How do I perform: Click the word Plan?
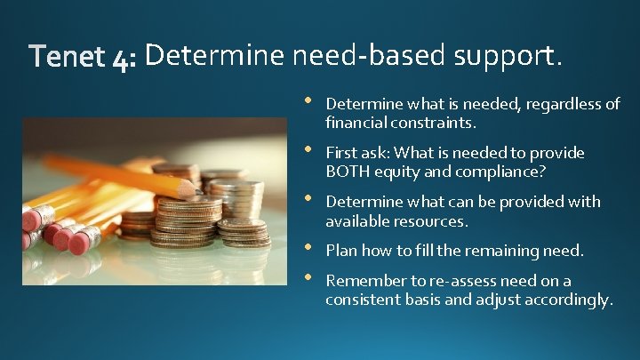341,252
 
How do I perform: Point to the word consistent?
362,300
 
